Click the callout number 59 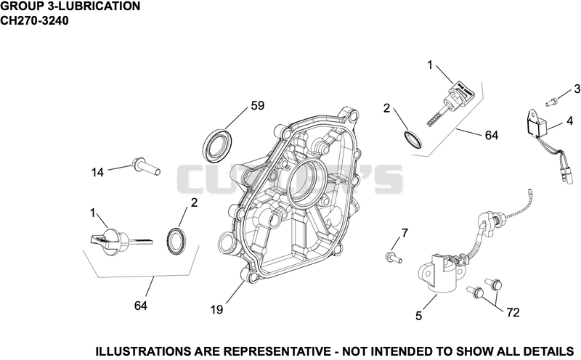pyautogui.click(x=258, y=105)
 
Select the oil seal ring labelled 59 pyautogui.click(x=218, y=146)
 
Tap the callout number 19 pyautogui.click(x=216, y=310)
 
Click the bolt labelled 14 pyautogui.click(x=146, y=166)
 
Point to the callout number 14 pyautogui.click(x=97, y=172)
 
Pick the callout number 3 pyautogui.click(x=577, y=89)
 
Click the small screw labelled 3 pyautogui.click(x=551, y=100)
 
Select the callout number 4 pyautogui.click(x=570, y=120)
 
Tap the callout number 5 pyautogui.click(x=419, y=316)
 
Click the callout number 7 pyautogui.click(x=405, y=233)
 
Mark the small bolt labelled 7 pyautogui.click(x=394, y=257)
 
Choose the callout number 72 pyautogui.click(x=513, y=313)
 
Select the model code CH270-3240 pyautogui.click(x=34, y=20)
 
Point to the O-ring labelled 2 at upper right pyautogui.click(x=412, y=139)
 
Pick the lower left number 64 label pyautogui.click(x=141, y=306)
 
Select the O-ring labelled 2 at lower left pyautogui.click(x=176, y=241)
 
